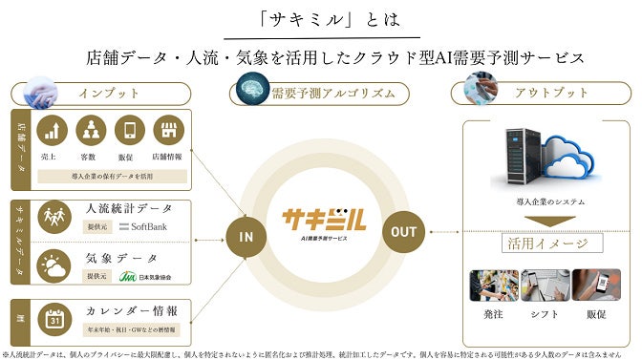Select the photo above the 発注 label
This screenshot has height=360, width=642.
point(494,287)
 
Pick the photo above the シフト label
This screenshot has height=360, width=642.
point(546,287)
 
